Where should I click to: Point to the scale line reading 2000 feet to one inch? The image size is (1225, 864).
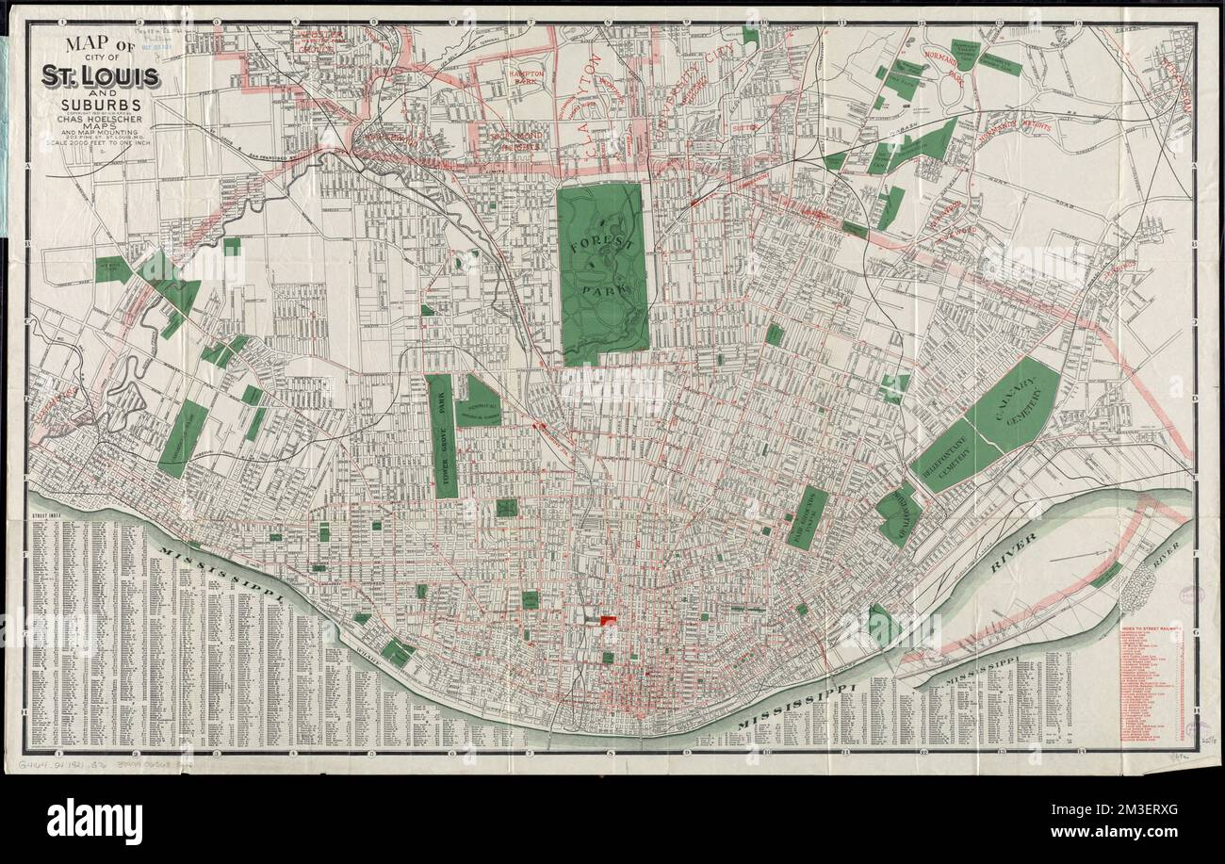tap(97, 145)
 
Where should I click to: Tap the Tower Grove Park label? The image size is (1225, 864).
tap(440, 435)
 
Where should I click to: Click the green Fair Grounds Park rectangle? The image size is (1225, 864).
tap(807, 517)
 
